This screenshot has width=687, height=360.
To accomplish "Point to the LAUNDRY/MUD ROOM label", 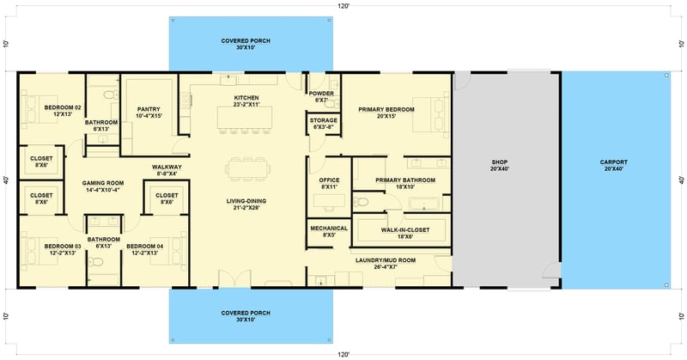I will pyautogui.click(x=384, y=263).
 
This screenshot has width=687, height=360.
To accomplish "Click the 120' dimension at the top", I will pyautogui.click(x=343, y=5).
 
